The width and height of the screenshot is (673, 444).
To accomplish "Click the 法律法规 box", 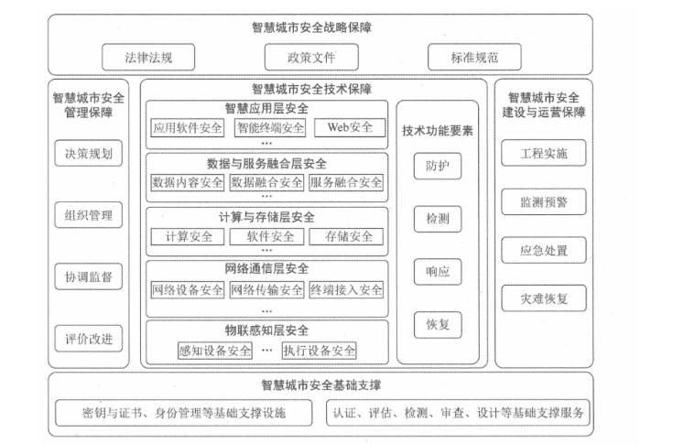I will pyautogui.click(x=148, y=58).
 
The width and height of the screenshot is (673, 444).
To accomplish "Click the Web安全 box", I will pyautogui.click(x=350, y=127).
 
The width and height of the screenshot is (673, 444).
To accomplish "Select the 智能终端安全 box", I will pyautogui.click(x=268, y=127).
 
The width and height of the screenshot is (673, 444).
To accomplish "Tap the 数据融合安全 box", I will pyautogui.click(x=266, y=182).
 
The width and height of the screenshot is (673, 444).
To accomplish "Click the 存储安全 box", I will pyautogui.click(x=347, y=236).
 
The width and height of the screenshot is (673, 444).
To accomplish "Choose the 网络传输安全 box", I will pyautogui.click(x=266, y=290).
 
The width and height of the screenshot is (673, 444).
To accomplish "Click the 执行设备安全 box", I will pyautogui.click(x=319, y=350).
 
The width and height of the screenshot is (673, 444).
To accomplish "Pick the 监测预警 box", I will pyautogui.click(x=544, y=200).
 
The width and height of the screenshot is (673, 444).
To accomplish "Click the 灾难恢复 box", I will pyautogui.click(x=544, y=298).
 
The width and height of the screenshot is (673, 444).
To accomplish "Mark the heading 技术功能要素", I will pyautogui.click(x=437, y=130).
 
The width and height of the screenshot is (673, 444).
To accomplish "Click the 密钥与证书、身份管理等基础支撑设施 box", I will pyautogui.click(x=183, y=412).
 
